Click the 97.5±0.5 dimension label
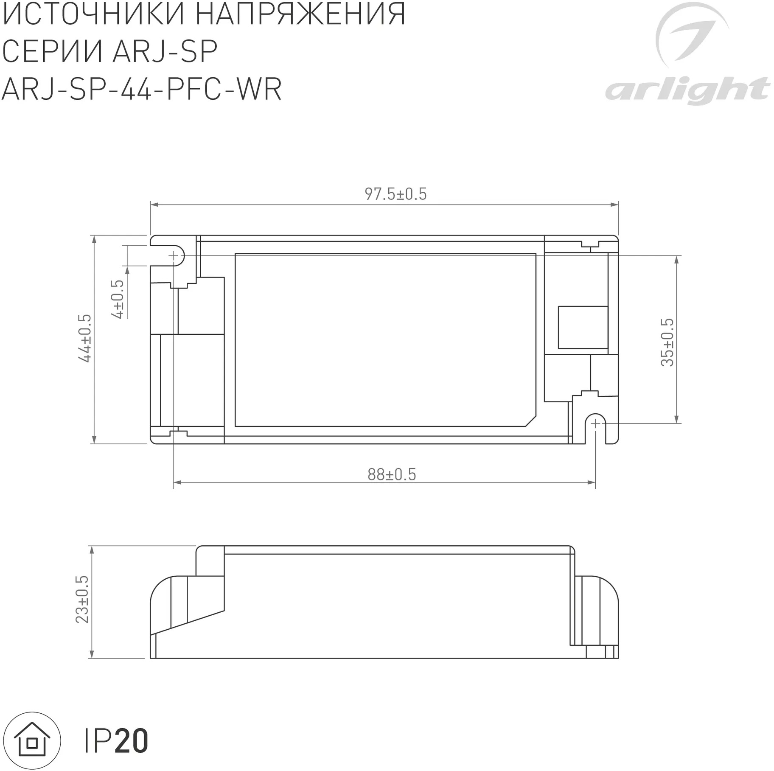pyautogui.click(x=395, y=194)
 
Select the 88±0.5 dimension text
pyautogui.click(x=391, y=474)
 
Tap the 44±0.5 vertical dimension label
pyautogui.click(x=85, y=338)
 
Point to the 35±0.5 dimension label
pyautogui.click(x=667, y=342)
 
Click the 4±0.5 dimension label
pyautogui.click(x=118, y=299)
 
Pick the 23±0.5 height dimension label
pyautogui.click(x=82, y=599)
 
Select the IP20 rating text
pyautogui.click(x=116, y=741)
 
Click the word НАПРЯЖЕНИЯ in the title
pyautogui.click(x=301, y=14)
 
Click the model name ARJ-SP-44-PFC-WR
pyautogui.click(x=142, y=89)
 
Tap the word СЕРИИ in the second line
pyautogui.click(x=52, y=52)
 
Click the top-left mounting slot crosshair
pyautogui.click(x=173, y=255)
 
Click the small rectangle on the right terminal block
pyautogui.click(x=583, y=327)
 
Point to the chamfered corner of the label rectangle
pyautogui.click(x=531, y=421)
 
